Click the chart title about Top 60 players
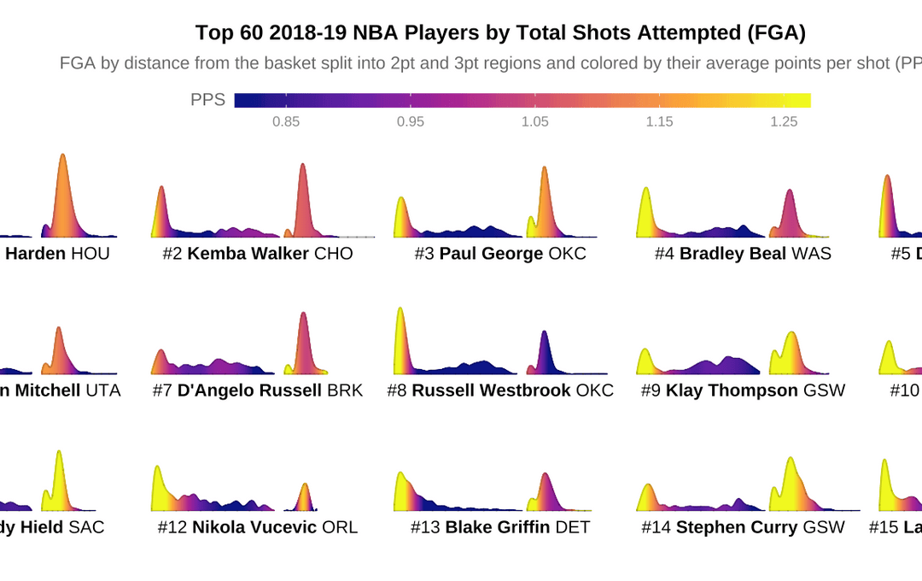tap(500, 32)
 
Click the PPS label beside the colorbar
tap(207, 100)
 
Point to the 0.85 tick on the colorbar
tap(286, 121)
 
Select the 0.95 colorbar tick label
tap(411, 121)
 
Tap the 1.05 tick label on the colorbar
tap(535, 121)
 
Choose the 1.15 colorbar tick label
tap(660, 121)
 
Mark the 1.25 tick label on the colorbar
tap(785, 121)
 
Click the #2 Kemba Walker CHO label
tap(258, 254)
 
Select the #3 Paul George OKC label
tap(500, 254)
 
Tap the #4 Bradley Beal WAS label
tap(743, 254)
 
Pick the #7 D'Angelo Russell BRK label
tap(258, 390)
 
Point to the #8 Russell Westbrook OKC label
tap(500, 390)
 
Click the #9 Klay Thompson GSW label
tap(743, 390)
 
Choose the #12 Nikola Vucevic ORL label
tap(258, 527)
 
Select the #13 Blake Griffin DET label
tap(500, 527)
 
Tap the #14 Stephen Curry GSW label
tap(743, 527)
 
